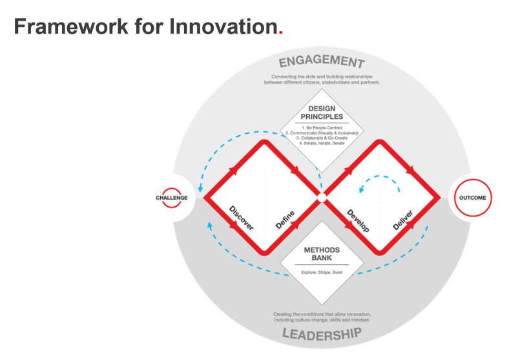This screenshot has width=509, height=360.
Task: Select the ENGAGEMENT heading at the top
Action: click(322, 63)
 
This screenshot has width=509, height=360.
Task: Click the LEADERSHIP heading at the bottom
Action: click(321, 334)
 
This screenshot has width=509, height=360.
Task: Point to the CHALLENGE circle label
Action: click(171, 197)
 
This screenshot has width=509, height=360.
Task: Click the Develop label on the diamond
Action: click(357, 220)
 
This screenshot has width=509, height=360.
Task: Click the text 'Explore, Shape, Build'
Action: click(321, 272)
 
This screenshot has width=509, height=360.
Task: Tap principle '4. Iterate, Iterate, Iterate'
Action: click(321, 143)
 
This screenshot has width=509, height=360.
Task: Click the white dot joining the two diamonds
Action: click(321, 197)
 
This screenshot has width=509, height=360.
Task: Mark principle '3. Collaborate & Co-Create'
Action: click(321, 138)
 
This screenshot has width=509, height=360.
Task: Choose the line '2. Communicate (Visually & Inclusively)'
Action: click(321, 132)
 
